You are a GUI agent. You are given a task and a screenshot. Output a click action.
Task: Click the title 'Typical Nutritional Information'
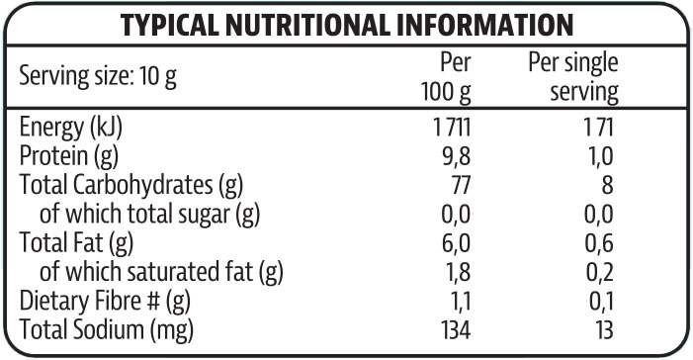tap(345, 26)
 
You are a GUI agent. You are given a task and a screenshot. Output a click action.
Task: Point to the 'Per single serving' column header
tap(573, 78)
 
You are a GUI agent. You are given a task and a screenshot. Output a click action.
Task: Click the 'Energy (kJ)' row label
tap(75, 128)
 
